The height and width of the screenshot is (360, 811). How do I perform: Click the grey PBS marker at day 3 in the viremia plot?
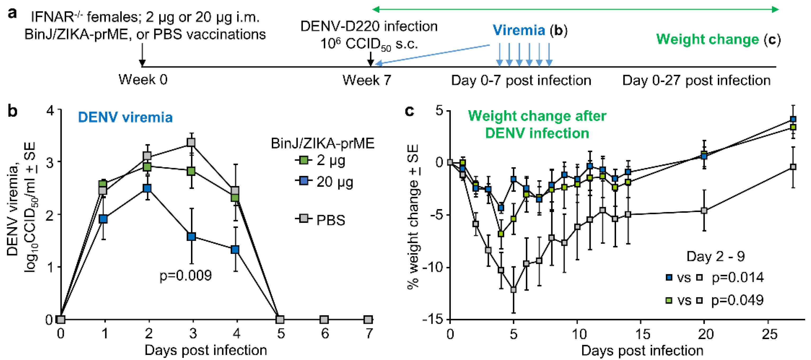pos(191,143)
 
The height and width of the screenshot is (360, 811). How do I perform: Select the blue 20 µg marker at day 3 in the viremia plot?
pos(191,237)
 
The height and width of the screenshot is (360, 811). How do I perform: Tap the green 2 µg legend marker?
pos(303,160)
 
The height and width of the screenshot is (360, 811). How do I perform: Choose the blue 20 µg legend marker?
pos(303,181)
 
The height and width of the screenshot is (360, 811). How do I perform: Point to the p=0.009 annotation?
pos(186,276)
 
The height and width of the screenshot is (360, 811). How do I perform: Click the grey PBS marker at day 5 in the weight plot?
pos(513,289)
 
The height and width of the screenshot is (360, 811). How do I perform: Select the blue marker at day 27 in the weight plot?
pos(793,119)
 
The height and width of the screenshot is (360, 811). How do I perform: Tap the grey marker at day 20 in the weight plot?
pos(704,210)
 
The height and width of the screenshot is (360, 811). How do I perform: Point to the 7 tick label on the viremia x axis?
pos(369,334)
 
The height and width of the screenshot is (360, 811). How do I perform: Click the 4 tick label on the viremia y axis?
pos(50,111)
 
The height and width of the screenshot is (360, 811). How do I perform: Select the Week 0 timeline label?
pos(143,80)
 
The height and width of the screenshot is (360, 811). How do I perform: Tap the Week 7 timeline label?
pos(367,80)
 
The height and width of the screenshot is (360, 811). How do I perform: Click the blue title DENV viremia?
pos(125,118)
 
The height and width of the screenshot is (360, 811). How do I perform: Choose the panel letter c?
pos(409,111)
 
